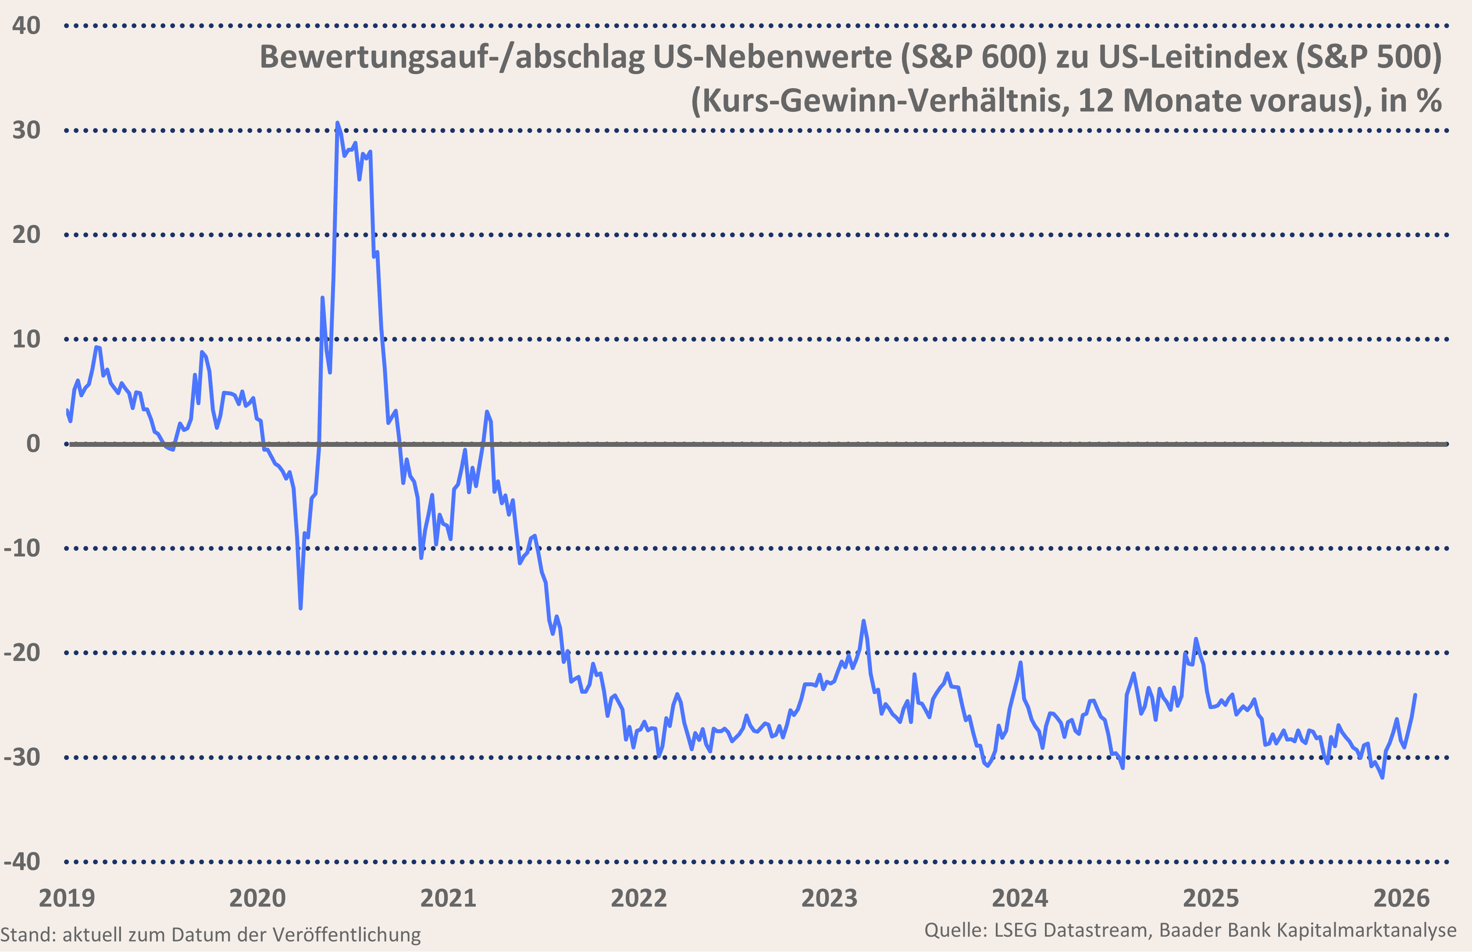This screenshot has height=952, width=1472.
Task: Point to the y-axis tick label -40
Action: coord(22,862)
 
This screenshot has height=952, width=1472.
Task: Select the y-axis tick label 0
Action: coord(33,444)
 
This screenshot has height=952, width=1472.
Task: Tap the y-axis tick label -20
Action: coord(22,653)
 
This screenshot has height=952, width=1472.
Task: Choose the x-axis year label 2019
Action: coord(67,898)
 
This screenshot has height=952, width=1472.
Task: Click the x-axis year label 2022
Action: coord(639,898)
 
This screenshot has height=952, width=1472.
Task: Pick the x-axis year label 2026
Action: coord(1401,898)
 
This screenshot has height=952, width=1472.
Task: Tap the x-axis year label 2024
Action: coord(1020,898)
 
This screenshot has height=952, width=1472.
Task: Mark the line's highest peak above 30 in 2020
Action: coord(337,123)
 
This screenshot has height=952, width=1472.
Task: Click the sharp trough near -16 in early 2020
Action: coord(300,608)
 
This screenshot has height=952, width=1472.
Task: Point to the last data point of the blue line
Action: coord(1415,695)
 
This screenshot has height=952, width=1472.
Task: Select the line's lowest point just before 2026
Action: coord(1383,777)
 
